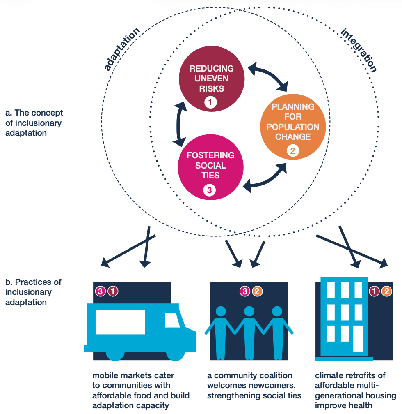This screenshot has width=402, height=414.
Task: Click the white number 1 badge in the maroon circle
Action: (210, 103)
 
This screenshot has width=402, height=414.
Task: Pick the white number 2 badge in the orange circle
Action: (292, 151)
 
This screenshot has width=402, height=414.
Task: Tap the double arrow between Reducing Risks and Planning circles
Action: (269, 77)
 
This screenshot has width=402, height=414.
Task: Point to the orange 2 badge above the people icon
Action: (257, 291)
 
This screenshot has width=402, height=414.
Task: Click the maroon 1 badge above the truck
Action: (113, 291)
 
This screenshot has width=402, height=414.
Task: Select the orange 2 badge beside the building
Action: (386, 291)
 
